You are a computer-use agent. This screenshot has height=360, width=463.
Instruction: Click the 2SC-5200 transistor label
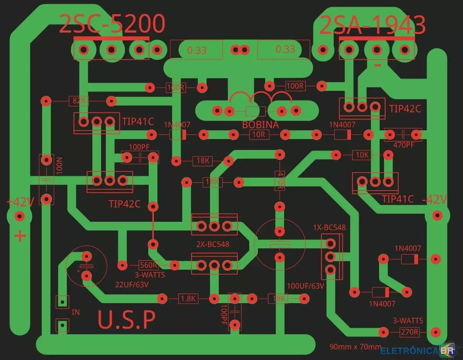(x=112, y=24)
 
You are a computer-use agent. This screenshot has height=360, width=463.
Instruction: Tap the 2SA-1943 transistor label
(x=373, y=25)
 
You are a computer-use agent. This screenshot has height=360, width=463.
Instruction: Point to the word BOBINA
(x=260, y=125)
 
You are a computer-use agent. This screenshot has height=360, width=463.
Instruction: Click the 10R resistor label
(x=259, y=135)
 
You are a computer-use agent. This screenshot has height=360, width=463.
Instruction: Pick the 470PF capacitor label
(x=404, y=145)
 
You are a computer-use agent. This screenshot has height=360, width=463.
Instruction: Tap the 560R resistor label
(x=149, y=265)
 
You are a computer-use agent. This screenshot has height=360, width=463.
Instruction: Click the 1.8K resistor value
(x=188, y=299)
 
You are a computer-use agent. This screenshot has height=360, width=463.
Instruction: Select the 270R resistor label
(x=409, y=332)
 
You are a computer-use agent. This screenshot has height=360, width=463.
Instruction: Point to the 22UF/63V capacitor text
(x=132, y=284)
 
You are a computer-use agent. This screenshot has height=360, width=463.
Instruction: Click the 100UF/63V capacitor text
(x=305, y=285)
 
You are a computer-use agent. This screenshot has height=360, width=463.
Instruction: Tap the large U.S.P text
(x=126, y=320)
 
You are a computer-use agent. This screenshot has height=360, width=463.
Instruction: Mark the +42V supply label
(x=20, y=202)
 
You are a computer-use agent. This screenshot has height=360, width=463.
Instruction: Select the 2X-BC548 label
(x=213, y=244)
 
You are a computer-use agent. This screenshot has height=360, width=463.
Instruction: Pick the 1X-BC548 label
(x=329, y=227)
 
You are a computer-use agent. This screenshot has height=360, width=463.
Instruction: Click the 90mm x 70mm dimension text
(x=355, y=347)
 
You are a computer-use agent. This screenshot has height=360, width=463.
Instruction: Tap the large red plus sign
(x=20, y=236)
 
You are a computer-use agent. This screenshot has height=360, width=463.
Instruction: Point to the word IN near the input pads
(x=75, y=312)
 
